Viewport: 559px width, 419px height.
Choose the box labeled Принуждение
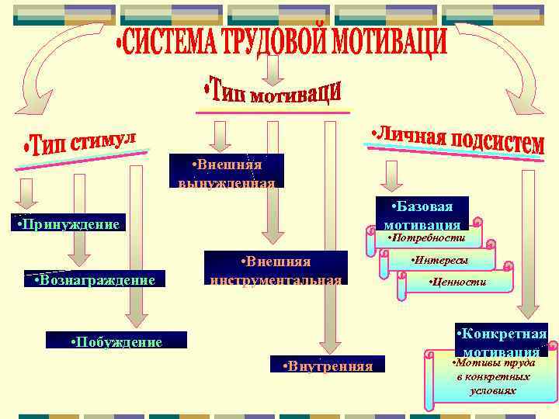69,225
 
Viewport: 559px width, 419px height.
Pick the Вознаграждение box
95,279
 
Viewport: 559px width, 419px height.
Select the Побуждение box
116,341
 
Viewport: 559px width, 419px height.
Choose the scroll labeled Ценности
458,282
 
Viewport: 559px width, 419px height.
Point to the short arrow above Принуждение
28,193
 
